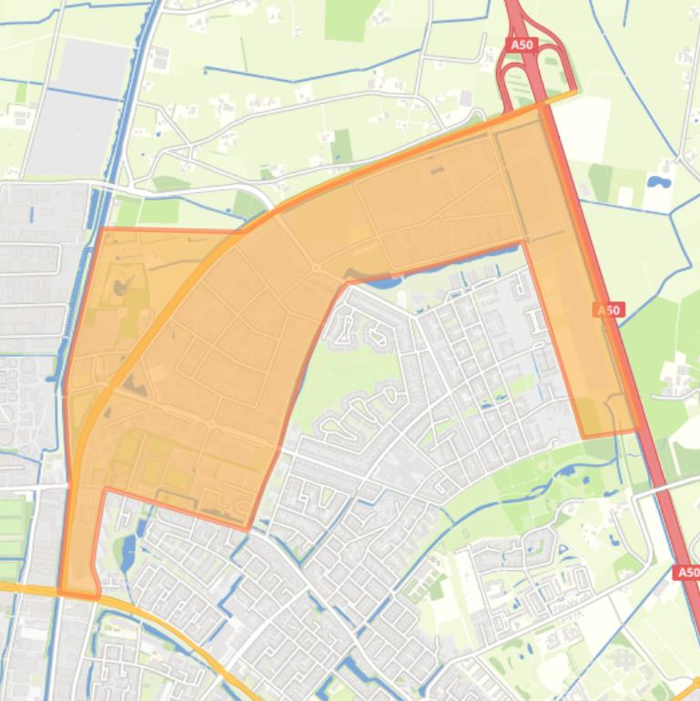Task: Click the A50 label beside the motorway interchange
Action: [x=522, y=44]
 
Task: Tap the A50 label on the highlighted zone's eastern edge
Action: [x=608, y=310]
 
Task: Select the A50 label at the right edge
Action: [x=687, y=573]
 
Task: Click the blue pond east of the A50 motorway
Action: [x=657, y=181]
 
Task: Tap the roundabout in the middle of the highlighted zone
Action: [x=315, y=268]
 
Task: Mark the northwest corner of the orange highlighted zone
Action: [x=101, y=229]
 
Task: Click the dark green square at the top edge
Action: [x=344, y=18]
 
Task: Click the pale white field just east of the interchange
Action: [x=583, y=127]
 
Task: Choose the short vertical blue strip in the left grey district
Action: [x=31, y=216]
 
